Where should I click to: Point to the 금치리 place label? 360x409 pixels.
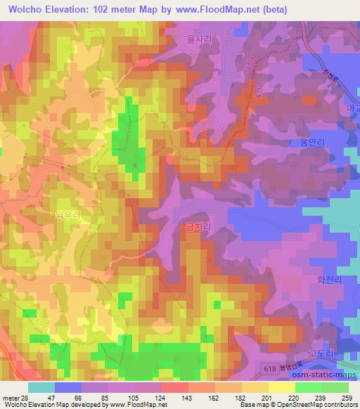click(x=192, y=227)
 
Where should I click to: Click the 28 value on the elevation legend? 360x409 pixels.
click(x=25, y=397)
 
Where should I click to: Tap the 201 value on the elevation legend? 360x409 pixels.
click(x=267, y=397)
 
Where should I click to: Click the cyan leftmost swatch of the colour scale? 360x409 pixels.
click(x=41, y=387)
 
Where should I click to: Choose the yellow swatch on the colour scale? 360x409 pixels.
click(x=281, y=387)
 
